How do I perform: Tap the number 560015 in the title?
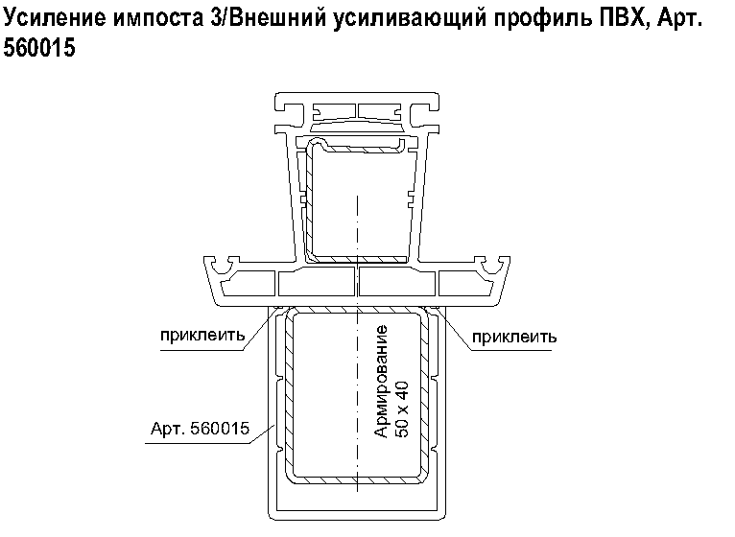point(39,48)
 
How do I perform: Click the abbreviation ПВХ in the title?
point(622,18)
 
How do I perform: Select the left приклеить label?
point(202,336)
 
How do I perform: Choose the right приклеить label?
point(514,337)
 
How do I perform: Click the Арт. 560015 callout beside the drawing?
point(201,429)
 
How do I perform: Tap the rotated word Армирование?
point(381,382)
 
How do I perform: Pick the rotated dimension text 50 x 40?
point(402,409)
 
